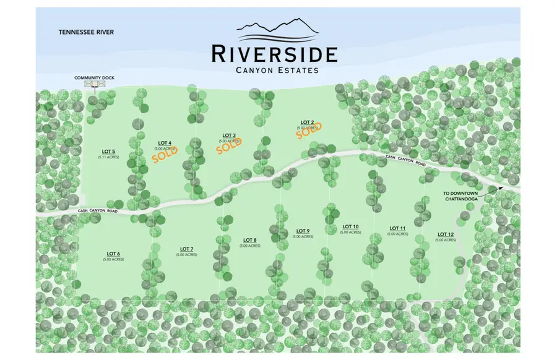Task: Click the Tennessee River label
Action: click(x=87, y=32)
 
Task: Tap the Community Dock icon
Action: click(x=92, y=84)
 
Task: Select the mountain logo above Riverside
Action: click(x=278, y=29)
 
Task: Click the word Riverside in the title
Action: click(x=274, y=54)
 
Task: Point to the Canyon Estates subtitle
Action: click(x=277, y=70)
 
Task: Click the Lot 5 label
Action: click(x=108, y=151)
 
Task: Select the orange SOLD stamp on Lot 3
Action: click(x=230, y=144)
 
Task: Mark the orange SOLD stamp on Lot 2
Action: click(x=307, y=131)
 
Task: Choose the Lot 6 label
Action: click(x=113, y=254)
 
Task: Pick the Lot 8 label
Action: click(x=249, y=240)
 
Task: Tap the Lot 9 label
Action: click(x=303, y=231)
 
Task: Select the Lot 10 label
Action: click(x=350, y=227)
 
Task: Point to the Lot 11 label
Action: click(x=398, y=228)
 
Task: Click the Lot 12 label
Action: click(x=446, y=234)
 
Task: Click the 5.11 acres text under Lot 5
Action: click(x=108, y=157)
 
